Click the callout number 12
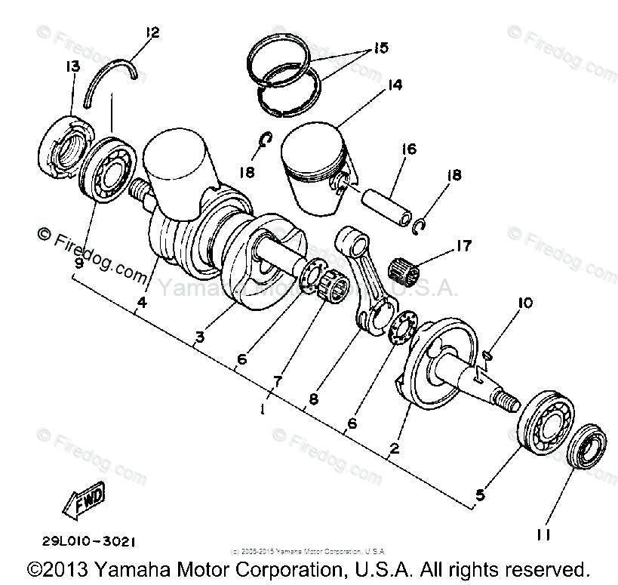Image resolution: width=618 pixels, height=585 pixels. tap(153, 32)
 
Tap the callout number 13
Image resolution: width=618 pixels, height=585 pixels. tap(72, 67)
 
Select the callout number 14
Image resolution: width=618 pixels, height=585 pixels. tap(392, 87)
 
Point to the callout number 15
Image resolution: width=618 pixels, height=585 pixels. tap(380, 48)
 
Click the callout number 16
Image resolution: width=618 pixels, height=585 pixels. tap(409, 149)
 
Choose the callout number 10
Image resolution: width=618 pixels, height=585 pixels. tap(524, 303)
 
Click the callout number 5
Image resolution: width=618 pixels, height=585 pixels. tap(480, 496)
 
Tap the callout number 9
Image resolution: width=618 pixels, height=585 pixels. tap(78, 264)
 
